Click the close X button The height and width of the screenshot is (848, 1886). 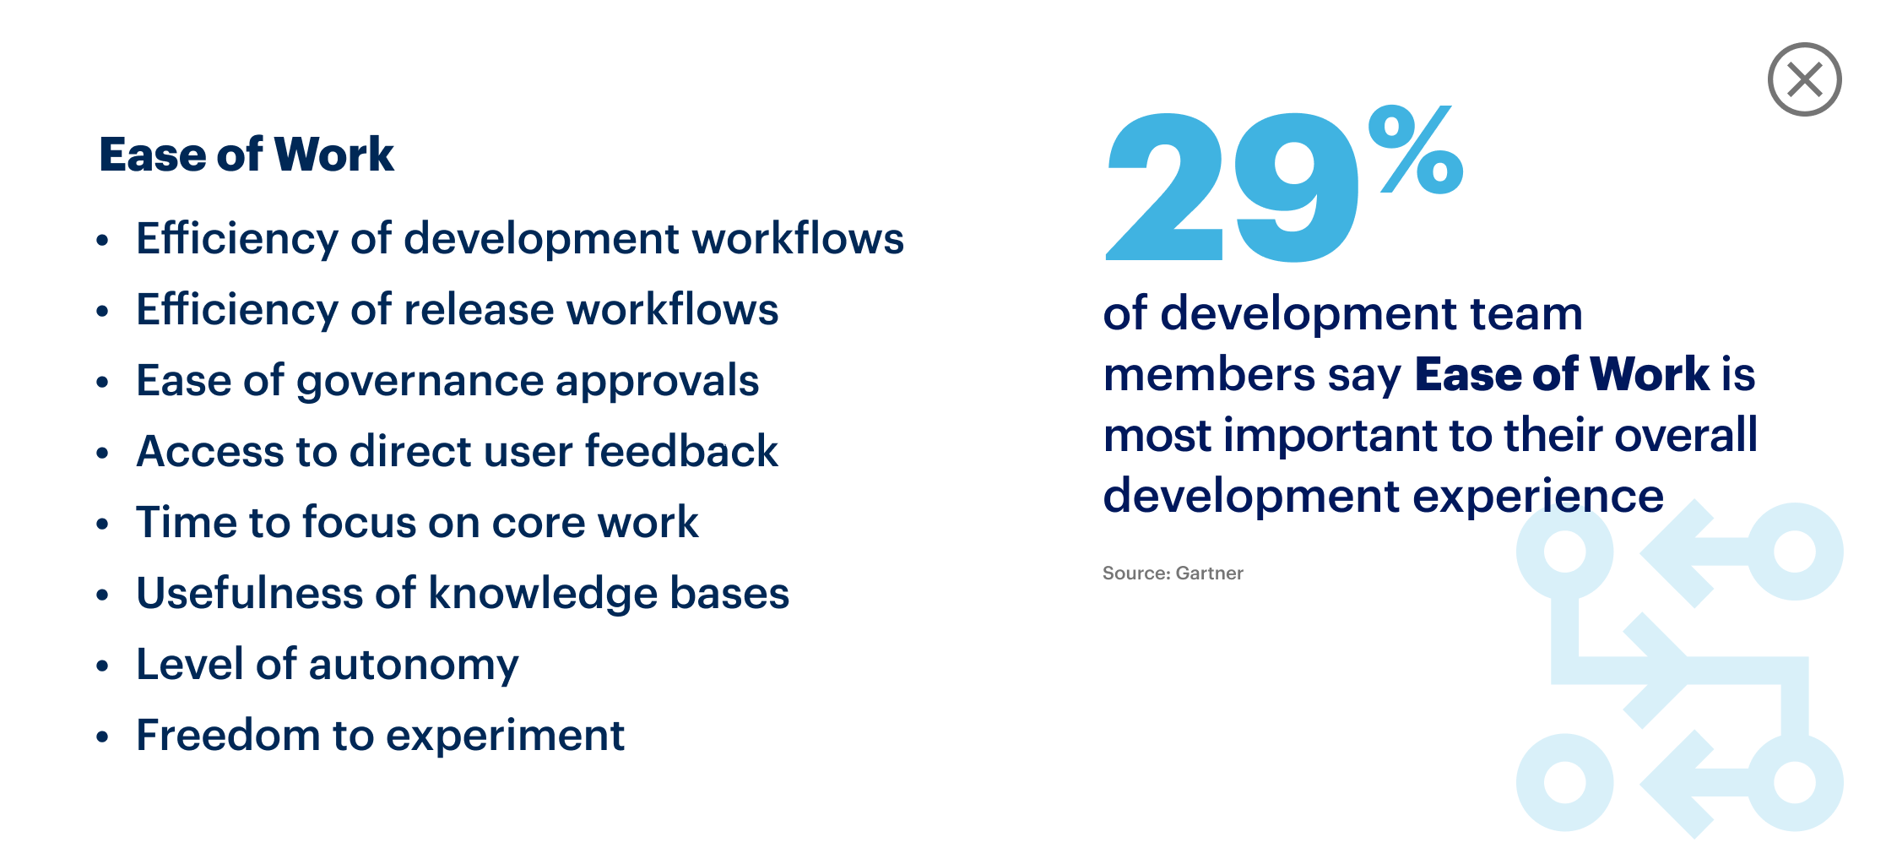(x=1804, y=79)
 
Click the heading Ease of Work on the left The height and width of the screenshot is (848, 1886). (x=247, y=155)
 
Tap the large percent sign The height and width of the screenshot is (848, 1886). (x=1416, y=149)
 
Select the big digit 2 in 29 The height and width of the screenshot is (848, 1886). (x=1165, y=186)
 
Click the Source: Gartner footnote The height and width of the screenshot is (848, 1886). (x=1173, y=573)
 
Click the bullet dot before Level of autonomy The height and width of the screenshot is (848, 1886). (x=102, y=666)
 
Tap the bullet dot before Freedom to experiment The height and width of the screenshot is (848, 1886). (x=102, y=737)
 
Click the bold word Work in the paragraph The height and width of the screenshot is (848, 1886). (x=1650, y=374)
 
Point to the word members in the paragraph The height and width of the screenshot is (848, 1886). (x=1209, y=375)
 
